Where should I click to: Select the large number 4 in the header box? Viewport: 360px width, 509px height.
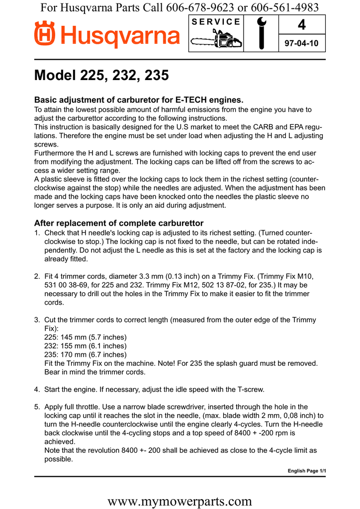(x=301, y=24)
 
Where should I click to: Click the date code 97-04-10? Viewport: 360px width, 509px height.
(x=301, y=44)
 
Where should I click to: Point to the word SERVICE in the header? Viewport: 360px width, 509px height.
(x=216, y=21)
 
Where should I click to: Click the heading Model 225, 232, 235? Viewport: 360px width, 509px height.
(x=101, y=76)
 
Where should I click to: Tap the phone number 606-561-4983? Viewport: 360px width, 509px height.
(x=283, y=7)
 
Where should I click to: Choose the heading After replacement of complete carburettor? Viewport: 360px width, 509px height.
(x=118, y=223)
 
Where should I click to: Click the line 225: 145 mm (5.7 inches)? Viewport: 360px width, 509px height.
(x=82, y=337)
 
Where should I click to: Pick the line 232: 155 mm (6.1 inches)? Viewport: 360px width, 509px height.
(x=82, y=346)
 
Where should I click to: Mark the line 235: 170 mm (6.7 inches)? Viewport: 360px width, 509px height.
(x=82, y=355)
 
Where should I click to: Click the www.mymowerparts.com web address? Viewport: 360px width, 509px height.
(x=180, y=501)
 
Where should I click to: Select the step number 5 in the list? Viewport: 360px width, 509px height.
(x=37, y=407)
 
